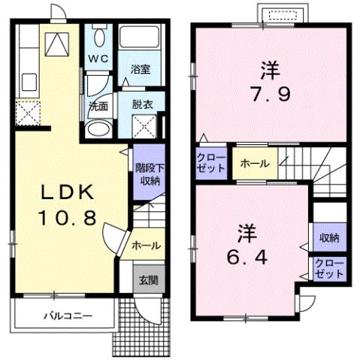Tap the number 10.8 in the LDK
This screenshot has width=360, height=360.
point(66,218)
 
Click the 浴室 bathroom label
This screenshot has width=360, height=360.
point(141,69)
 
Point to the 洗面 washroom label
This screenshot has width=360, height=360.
point(98,106)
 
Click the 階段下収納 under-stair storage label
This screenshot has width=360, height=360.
point(147,174)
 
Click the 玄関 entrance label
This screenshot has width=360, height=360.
point(147,280)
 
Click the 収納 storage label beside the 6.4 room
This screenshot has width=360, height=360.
point(328,237)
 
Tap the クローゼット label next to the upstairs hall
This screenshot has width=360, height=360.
point(210,162)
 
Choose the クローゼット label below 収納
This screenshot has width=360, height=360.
point(328,268)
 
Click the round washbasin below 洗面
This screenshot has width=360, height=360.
point(98,128)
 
